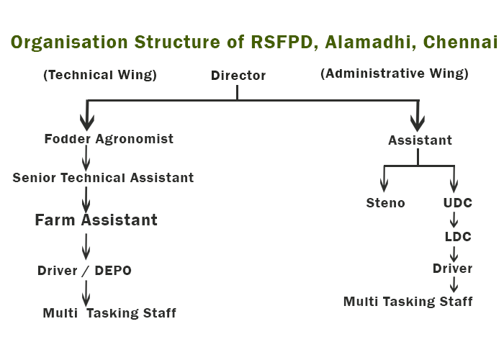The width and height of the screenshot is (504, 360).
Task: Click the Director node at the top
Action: [x=238, y=76]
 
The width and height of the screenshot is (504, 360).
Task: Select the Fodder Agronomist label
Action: [x=109, y=139]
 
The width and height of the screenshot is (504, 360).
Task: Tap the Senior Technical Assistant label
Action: [x=103, y=177]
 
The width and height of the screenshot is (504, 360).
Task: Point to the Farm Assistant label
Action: [x=96, y=220]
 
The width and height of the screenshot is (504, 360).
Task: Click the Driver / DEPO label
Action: [x=84, y=271]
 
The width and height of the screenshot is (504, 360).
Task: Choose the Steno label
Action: [x=385, y=203]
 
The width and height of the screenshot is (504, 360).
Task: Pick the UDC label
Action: [x=458, y=203]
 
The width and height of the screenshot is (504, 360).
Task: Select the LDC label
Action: [x=458, y=237]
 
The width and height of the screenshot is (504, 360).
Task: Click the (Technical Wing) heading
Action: [x=100, y=75]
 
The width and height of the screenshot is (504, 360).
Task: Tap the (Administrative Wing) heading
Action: [x=395, y=73]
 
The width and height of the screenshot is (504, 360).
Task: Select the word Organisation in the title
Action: [x=69, y=42]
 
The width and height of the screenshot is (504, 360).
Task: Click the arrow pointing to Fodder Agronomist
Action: [x=87, y=115]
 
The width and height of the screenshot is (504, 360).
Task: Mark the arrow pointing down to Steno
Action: [x=384, y=179]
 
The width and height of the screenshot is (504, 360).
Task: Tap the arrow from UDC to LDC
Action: [x=454, y=220]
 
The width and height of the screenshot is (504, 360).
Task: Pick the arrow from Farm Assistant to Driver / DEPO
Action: [x=86, y=246]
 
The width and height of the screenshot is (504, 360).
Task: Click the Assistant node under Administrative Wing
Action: [x=420, y=140]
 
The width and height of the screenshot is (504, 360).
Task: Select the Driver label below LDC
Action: [x=453, y=269]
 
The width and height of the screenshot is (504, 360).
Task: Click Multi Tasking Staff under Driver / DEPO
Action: [x=109, y=313]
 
